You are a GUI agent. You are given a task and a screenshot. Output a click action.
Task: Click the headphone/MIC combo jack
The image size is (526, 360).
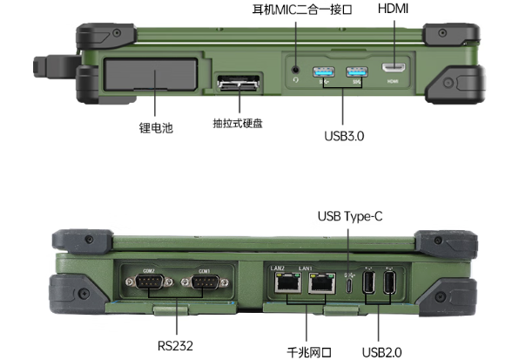pyautogui.click(x=297, y=69)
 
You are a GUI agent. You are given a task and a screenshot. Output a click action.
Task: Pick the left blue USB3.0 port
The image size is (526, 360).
pyautogui.click(x=325, y=71)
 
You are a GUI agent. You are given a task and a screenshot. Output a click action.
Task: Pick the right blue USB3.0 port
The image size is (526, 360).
pyautogui.click(x=355, y=71)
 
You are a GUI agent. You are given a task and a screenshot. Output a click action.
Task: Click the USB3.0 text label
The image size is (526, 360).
pyautogui.click(x=341, y=138)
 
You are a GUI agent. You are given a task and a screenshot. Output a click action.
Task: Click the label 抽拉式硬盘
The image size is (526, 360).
pyautogui.click(x=238, y=123)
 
